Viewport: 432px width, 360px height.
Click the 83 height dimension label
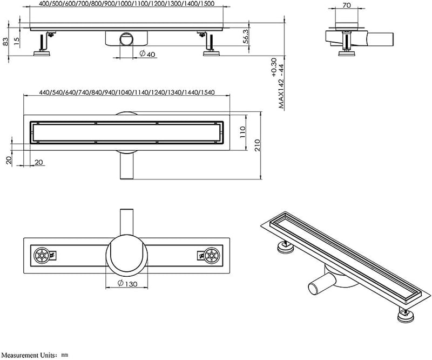[6, 42]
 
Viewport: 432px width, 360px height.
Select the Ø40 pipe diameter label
[147, 54]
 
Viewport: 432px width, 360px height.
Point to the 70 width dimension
[347, 5]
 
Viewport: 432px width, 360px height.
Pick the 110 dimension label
[242, 132]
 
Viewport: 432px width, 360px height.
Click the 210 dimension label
[257, 145]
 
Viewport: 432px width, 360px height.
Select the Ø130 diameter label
[127, 284]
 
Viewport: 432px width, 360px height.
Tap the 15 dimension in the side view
[17, 41]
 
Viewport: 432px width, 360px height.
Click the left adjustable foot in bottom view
[42, 255]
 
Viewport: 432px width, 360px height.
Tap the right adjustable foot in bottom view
[212, 255]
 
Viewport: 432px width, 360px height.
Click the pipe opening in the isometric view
[313, 290]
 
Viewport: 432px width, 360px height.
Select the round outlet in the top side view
[127, 39]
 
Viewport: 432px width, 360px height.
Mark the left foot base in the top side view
[42, 54]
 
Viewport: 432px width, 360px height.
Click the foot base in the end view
[347, 53]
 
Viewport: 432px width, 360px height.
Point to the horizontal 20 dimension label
[39, 162]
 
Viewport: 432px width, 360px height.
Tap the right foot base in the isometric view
[406, 317]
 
